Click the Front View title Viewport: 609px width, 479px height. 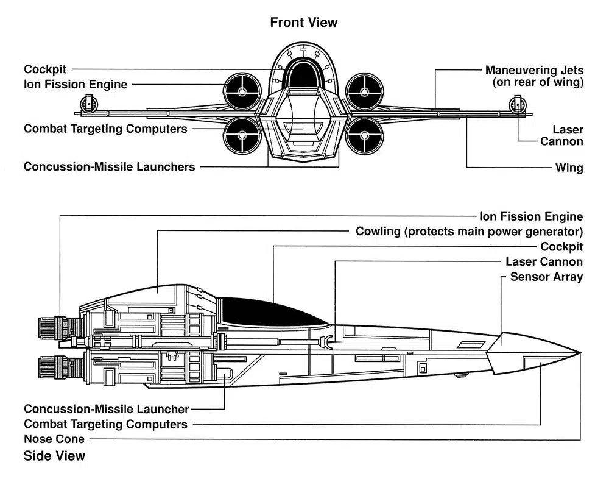(303, 23)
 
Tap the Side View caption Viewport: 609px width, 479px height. (54, 456)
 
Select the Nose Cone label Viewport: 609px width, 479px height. (54, 439)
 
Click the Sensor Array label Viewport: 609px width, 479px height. (546, 277)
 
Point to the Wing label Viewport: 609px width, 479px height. (569, 167)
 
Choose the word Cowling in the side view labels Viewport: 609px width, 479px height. (378, 232)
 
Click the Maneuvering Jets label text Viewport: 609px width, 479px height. (534, 70)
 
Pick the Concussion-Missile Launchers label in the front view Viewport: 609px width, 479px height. (110, 166)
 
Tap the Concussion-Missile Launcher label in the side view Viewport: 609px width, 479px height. (106, 409)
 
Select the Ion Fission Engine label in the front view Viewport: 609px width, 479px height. (76, 84)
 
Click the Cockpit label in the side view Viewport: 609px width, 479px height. (561, 247)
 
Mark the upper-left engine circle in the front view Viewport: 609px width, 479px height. (242, 92)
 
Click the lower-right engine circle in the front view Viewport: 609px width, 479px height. (365, 135)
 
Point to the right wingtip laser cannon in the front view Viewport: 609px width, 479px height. (518, 105)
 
